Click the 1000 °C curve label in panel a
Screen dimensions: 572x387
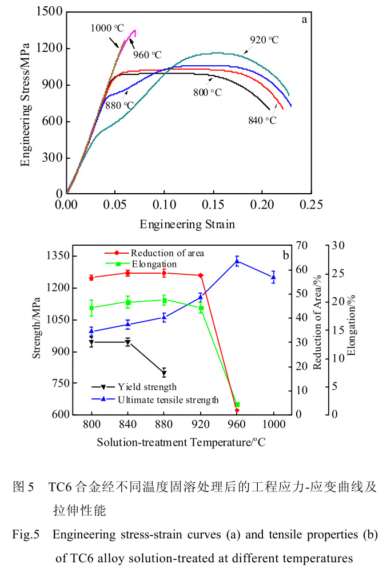pos(107,27)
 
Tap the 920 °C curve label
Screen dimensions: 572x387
pos(264,40)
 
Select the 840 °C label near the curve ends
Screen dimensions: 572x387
pos(262,121)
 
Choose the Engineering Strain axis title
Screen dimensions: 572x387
pos(187,224)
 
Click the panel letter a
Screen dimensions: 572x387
pos(305,19)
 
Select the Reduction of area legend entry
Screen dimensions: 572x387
pos(167,253)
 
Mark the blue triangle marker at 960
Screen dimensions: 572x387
pos(237,261)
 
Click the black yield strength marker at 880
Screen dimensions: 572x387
pos(164,374)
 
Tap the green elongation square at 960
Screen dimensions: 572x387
pos(237,405)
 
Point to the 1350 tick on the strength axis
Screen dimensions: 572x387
pos(57,256)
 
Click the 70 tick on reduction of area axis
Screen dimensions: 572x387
pos(302,246)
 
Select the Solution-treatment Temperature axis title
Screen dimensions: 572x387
pos(181,442)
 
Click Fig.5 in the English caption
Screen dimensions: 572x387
pos(26,535)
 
